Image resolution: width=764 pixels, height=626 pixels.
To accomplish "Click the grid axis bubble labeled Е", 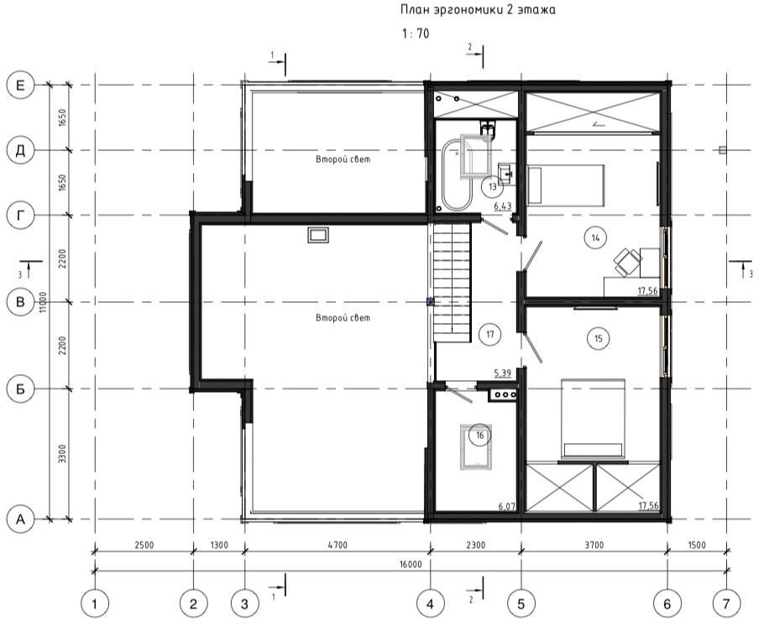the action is [x=20, y=86].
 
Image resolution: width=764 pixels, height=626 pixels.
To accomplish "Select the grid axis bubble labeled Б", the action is [x=20, y=389].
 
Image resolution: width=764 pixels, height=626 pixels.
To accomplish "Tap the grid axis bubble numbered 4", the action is [x=430, y=604].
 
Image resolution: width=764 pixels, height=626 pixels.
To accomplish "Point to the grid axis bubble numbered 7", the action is [x=726, y=604].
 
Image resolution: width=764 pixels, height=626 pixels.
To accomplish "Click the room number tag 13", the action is [x=492, y=186].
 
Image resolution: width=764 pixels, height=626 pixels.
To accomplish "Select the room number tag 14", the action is [x=595, y=237].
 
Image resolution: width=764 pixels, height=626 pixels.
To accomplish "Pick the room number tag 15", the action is [x=599, y=338].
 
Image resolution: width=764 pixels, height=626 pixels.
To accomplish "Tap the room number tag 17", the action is [x=489, y=334].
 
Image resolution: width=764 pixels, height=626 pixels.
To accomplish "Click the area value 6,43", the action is [x=502, y=206].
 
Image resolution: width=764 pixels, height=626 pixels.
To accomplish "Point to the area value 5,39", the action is [x=502, y=373].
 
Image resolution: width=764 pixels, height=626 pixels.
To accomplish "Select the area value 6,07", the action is [x=507, y=507].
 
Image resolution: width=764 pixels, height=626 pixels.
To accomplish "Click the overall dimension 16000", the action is [x=411, y=565].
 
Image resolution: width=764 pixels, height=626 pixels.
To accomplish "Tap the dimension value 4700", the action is [x=338, y=545].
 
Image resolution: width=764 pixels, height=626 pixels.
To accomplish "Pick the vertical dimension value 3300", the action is [x=62, y=453].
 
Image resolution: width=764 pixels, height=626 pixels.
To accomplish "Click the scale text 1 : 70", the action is [x=416, y=34].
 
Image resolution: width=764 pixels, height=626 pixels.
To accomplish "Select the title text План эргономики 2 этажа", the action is [x=478, y=9].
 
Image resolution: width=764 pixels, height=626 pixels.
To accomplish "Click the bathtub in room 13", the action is [x=457, y=175].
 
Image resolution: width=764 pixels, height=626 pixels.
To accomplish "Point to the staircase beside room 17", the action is [x=453, y=283].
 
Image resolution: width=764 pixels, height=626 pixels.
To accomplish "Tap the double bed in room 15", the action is [x=593, y=419].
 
